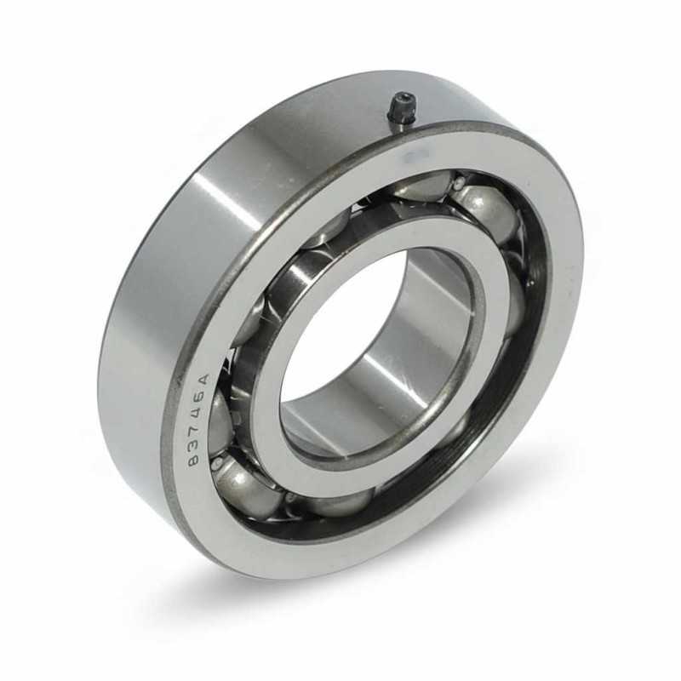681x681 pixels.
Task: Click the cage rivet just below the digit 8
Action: point(216,465)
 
